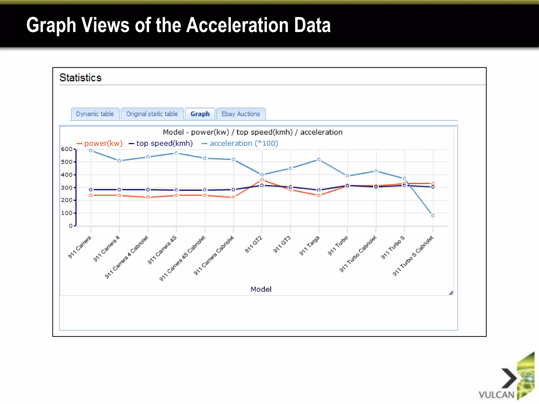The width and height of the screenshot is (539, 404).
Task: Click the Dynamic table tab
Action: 95,114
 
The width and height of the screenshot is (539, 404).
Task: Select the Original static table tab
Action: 152,114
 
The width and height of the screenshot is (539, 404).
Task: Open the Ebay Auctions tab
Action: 241,114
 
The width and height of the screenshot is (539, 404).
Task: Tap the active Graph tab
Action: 200,114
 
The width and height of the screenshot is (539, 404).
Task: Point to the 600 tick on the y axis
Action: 67,149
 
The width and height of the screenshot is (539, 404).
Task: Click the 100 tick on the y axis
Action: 67,213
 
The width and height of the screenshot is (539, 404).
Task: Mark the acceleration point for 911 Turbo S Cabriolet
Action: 433,216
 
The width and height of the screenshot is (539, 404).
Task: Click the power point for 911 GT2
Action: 262,180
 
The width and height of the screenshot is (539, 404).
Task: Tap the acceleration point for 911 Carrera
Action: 91,150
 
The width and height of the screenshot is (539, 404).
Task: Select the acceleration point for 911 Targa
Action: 319,159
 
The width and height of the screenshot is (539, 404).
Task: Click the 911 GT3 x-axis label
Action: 282,245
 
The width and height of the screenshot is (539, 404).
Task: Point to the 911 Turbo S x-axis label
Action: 393,248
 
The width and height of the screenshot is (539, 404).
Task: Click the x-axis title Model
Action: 261,289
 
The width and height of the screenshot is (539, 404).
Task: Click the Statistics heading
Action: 80,78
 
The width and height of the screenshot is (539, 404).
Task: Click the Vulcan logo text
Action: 496,395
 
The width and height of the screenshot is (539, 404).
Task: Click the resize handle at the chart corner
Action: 451,293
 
